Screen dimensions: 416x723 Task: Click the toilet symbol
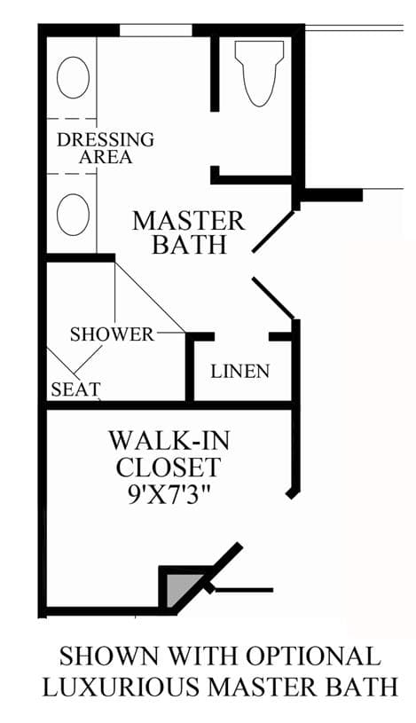point(259,73)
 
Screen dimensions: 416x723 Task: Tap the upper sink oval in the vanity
point(73,77)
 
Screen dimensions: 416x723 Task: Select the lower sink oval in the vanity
point(73,215)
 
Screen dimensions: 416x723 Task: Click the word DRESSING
point(106,139)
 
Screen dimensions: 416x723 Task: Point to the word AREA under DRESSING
point(106,157)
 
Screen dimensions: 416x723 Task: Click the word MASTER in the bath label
point(189,221)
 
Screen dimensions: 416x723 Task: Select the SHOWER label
point(112,334)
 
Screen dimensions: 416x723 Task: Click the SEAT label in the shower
point(75,389)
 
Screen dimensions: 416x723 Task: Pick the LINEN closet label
point(240,371)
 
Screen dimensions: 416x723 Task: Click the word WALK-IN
point(169,441)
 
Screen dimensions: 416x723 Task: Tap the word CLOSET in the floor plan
point(169,468)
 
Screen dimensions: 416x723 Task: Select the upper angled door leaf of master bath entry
point(273,232)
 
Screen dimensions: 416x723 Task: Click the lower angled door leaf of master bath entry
point(273,298)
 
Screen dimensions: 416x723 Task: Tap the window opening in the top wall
point(156,30)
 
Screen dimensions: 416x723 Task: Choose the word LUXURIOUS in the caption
point(122,687)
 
